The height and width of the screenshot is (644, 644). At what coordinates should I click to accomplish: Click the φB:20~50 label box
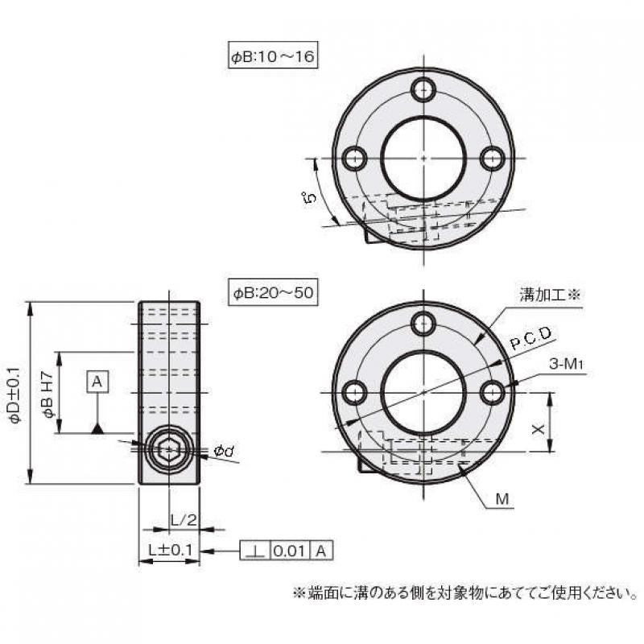pyautogui.click(x=272, y=293)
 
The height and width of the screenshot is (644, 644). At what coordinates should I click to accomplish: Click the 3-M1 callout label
pyautogui.click(x=566, y=364)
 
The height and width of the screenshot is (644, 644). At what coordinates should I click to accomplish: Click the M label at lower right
pyautogui.click(x=502, y=500)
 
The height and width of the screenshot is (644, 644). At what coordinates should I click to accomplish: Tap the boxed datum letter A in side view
pyautogui.click(x=97, y=382)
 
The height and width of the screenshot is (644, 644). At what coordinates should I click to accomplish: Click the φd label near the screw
pyautogui.click(x=224, y=452)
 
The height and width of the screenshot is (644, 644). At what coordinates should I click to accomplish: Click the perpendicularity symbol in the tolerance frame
pyautogui.click(x=256, y=551)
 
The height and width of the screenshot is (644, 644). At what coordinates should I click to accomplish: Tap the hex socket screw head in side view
pyautogui.click(x=168, y=448)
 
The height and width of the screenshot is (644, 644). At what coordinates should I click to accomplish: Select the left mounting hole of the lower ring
pyautogui.click(x=353, y=392)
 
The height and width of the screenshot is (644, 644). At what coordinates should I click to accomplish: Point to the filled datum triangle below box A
pyautogui.click(x=97, y=427)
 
